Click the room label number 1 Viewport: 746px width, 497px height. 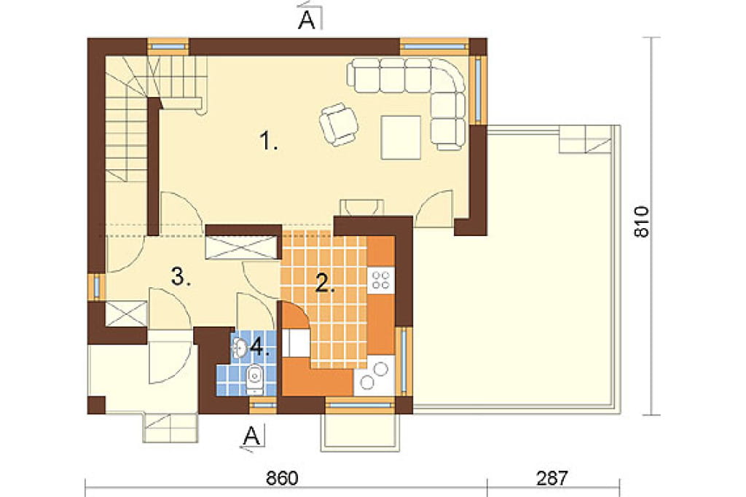click(x=269, y=141)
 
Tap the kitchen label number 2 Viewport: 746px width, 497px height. click(x=326, y=283)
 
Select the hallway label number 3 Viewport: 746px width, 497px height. click(x=181, y=276)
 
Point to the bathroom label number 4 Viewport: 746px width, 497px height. click(x=260, y=348)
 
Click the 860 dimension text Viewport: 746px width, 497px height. click(x=282, y=478)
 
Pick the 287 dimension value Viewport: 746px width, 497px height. click(x=552, y=478)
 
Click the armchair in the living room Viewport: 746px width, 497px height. click(x=338, y=124)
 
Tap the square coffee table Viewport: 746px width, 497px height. click(x=401, y=137)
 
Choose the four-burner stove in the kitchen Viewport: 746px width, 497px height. click(x=381, y=279)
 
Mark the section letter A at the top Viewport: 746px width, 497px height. click(x=307, y=20)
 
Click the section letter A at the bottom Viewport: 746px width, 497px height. click(x=252, y=435)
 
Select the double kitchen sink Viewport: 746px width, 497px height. click(x=374, y=375)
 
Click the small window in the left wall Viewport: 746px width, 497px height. click(x=97, y=286)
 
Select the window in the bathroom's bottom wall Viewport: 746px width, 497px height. click(x=263, y=406)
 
